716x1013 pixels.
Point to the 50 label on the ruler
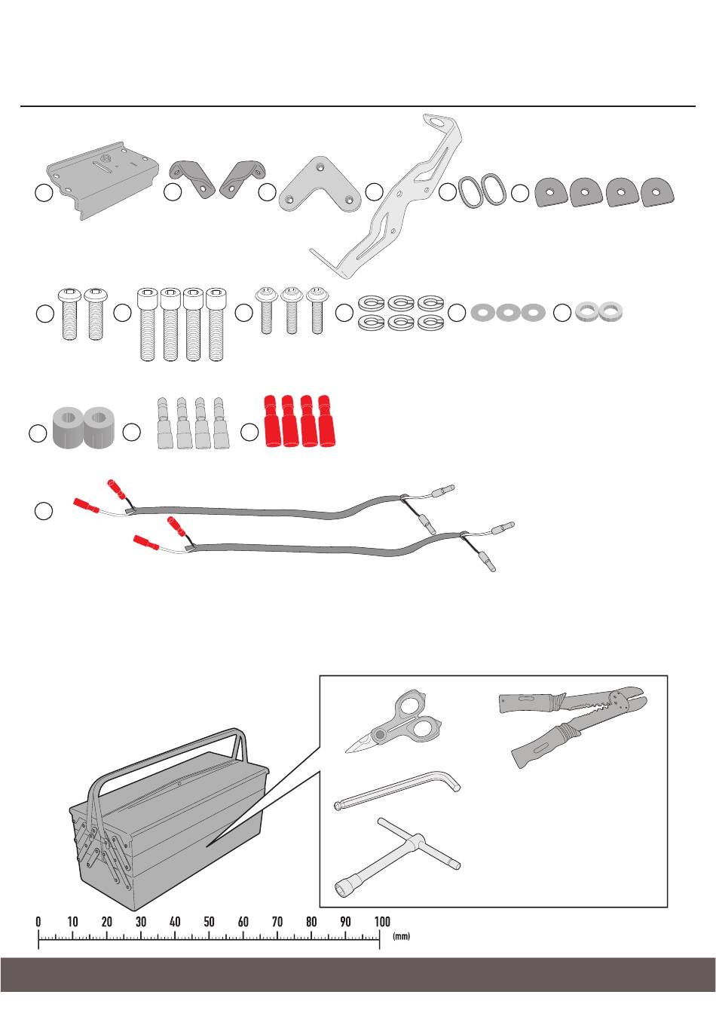[x=209, y=920]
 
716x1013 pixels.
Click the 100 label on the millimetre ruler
[x=382, y=920]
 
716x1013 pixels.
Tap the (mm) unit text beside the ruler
[x=401, y=935]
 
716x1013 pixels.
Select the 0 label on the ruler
[x=38, y=920]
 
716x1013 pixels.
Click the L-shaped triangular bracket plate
[x=320, y=185]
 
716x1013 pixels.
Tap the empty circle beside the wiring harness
[x=44, y=510]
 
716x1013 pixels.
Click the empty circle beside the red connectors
[x=249, y=432]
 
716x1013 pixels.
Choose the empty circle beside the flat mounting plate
[x=44, y=193]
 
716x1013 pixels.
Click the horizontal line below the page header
[x=358, y=106]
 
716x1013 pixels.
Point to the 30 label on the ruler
[x=141, y=920]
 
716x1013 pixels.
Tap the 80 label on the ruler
[x=311, y=920]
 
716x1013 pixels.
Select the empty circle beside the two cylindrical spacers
[x=38, y=433]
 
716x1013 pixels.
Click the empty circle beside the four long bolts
[x=122, y=313]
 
